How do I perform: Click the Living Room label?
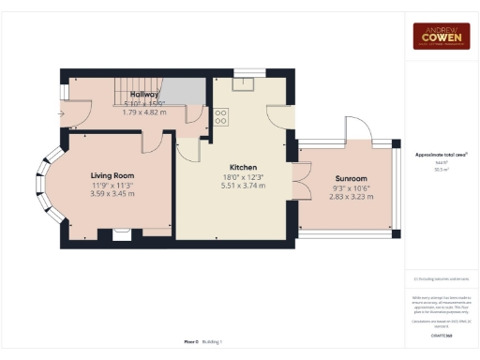112,175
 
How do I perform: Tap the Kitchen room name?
230,167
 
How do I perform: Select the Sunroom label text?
351,178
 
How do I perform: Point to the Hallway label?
143,95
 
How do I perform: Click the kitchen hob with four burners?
222,117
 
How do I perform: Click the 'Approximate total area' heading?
441,154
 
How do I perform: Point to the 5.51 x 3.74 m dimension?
230,186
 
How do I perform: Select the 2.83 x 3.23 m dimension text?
351,197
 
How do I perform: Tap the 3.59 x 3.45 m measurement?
112,194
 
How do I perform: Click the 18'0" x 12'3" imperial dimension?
230,176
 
